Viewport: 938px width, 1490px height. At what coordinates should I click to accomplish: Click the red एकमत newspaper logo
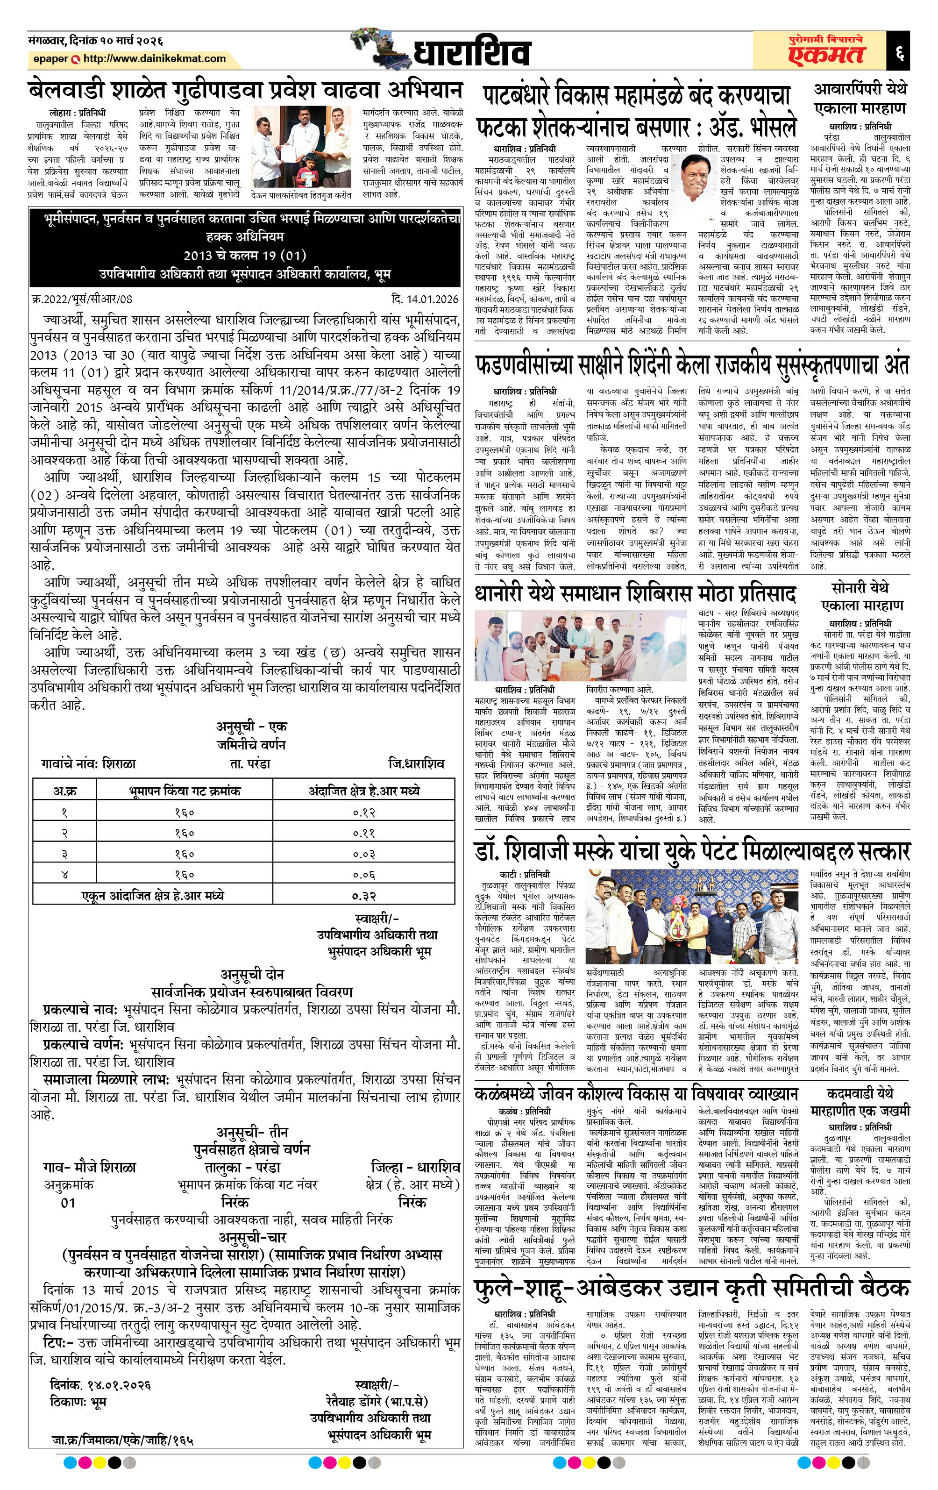click(825, 55)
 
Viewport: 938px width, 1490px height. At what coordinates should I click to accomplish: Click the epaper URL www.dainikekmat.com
click(154, 59)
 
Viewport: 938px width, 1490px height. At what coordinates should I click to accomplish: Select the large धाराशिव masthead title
click(471, 53)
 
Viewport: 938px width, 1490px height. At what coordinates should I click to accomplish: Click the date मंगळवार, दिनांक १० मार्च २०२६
click(96, 41)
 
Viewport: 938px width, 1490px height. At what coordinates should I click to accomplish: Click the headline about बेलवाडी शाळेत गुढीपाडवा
click(246, 90)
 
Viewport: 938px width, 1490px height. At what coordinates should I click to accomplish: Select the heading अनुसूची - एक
click(251, 726)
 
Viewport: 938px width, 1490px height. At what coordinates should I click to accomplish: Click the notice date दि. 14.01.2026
click(425, 299)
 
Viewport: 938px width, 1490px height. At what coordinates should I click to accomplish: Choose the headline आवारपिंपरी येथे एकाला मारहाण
click(860, 99)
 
